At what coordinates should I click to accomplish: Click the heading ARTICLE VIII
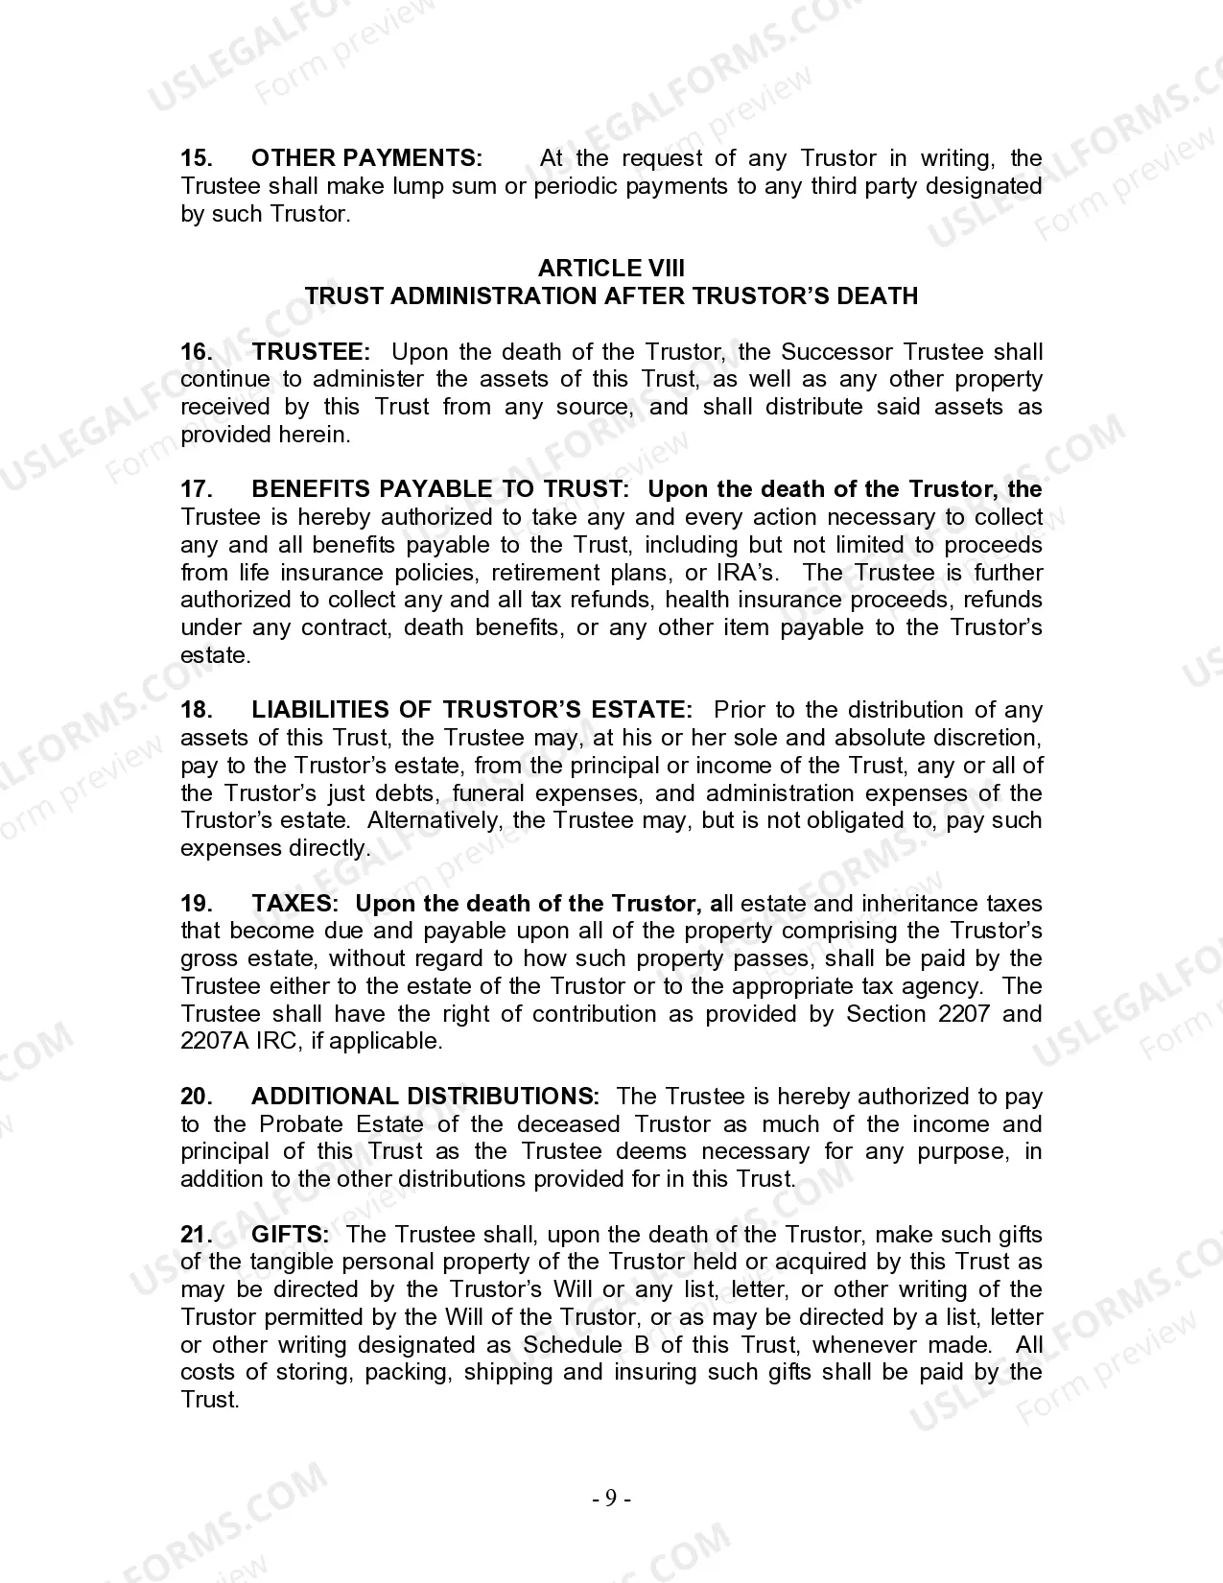click(611, 269)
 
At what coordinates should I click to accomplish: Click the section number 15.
click(197, 158)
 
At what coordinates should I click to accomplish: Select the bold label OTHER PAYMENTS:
click(367, 158)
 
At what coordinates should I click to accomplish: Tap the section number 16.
click(197, 352)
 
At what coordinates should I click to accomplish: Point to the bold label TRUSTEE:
click(311, 352)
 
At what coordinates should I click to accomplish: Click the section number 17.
click(197, 489)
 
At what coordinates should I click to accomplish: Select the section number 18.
click(197, 710)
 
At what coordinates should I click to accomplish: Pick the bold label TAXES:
click(294, 904)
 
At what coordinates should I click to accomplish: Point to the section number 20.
click(197, 1097)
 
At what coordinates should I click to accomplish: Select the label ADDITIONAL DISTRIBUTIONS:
click(425, 1097)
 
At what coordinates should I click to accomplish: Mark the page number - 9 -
click(611, 1499)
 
